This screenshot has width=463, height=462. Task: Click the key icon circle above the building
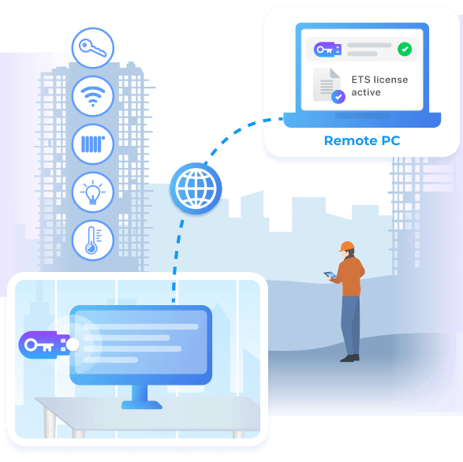[x=93, y=48]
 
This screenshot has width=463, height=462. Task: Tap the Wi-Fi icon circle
[x=93, y=96]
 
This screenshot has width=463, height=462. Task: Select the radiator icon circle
[x=93, y=144]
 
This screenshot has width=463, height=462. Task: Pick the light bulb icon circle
[x=93, y=192]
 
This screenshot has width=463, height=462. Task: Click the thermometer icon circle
[x=93, y=240]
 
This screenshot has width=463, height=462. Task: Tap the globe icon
[x=196, y=188]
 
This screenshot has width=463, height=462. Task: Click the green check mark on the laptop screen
[x=405, y=49]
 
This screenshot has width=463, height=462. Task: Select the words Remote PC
[x=362, y=140]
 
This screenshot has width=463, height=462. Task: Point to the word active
[x=366, y=92]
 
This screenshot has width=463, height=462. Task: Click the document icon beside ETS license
[x=327, y=84]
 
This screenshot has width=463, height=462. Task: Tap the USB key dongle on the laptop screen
[x=327, y=50]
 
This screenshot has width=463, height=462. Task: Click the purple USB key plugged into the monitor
[x=44, y=345]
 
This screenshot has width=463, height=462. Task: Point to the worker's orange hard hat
[x=347, y=246]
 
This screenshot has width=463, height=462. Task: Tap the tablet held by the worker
[x=330, y=275]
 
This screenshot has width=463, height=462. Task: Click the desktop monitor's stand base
[x=142, y=404]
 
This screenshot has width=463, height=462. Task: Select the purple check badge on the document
[x=338, y=96]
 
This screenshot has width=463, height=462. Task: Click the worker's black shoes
[x=350, y=358]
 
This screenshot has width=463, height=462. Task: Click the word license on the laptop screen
[x=390, y=80]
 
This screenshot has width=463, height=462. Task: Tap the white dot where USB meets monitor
[x=73, y=345]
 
